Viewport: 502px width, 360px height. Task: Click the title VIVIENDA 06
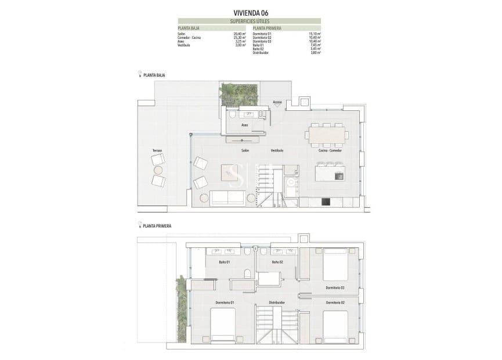click(x=251, y=12)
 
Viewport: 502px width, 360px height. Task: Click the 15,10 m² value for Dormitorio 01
click(x=315, y=34)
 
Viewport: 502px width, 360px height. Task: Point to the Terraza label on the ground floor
click(x=157, y=150)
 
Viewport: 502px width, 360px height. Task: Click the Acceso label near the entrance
click(x=277, y=102)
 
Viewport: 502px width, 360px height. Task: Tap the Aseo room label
click(x=245, y=125)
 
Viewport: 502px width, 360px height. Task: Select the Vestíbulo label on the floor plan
click(x=277, y=150)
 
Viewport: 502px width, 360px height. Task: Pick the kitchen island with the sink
click(x=328, y=173)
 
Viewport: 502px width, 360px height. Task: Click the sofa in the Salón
click(x=227, y=197)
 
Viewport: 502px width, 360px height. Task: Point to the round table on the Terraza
click(x=158, y=170)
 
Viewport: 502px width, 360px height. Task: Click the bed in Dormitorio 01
click(x=223, y=325)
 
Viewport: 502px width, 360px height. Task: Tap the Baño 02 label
click(x=277, y=262)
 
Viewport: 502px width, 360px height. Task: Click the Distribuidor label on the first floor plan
click(x=277, y=303)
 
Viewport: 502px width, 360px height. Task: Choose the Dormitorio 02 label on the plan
click(x=335, y=303)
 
